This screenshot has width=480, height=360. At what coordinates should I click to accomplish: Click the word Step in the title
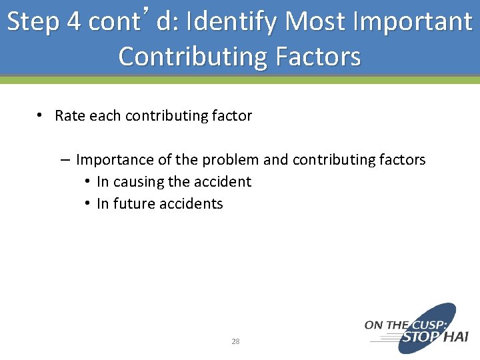[33, 22]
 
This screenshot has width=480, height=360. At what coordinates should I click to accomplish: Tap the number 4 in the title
[75, 22]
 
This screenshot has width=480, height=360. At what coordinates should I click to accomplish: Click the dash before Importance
[65, 160]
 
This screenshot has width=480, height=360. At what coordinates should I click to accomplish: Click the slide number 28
[235, 341]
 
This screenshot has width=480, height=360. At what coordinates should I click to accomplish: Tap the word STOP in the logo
[421, 337]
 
